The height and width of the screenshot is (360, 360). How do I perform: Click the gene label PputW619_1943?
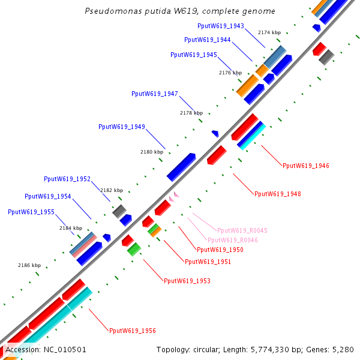tap(220, 26)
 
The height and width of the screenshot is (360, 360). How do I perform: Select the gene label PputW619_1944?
tap(207, 40)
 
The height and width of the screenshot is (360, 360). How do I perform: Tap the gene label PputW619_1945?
tap(193, 55)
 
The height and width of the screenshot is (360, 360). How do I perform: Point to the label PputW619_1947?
tap(154, 94)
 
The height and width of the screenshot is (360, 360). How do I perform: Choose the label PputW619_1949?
tap(121, 127)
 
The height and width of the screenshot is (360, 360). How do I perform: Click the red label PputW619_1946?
tap(305, 166)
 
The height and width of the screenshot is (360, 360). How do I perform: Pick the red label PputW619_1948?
tap(277, 194)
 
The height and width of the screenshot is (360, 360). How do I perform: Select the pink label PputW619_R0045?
tap(242, 230)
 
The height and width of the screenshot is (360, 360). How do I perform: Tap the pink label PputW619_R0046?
tap(233, 240)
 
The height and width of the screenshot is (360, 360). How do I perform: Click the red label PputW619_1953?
tap(187, 281)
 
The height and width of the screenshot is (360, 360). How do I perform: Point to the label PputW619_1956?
tap(132, 331)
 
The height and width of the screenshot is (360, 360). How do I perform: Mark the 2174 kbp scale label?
tap(269, 32)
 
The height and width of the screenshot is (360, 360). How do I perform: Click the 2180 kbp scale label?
tap(152, 152)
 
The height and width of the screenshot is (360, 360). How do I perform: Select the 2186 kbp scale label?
tap(29, 265)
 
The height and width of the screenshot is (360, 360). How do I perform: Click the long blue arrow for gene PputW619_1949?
tap(181, 166)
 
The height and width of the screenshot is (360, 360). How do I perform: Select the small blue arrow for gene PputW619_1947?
tap(215, 133)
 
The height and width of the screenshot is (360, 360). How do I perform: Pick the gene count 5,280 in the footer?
tap(343, 349)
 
